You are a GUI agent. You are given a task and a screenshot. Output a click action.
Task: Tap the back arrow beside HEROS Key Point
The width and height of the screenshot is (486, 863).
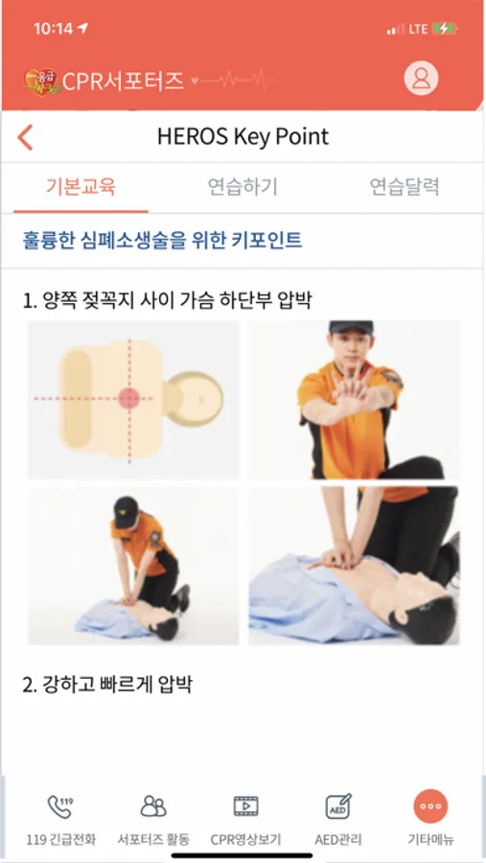[x=25, y=137]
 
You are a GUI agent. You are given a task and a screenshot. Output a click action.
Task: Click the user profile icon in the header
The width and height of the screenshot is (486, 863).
[x=421, y=79]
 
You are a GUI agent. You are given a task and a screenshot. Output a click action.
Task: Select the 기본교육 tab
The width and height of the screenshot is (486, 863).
[x=81, y=187]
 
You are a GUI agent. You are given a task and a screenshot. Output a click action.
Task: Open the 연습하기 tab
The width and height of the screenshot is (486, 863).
[x=243, y=187]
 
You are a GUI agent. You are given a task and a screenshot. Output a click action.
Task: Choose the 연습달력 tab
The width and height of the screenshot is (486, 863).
[x=405, y=187]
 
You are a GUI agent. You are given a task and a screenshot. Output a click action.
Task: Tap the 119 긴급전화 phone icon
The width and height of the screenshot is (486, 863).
[x=60, y=806]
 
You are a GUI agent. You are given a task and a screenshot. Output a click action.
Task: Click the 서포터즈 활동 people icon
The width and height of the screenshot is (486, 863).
[x=153, y=806]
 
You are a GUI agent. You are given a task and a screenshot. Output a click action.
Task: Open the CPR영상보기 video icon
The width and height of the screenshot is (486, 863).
[x=246, y=806]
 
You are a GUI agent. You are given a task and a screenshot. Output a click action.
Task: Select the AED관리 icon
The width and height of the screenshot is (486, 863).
[x=338, y=806]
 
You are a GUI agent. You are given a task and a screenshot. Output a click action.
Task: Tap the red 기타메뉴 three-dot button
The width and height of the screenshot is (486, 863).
[x=430, y=806]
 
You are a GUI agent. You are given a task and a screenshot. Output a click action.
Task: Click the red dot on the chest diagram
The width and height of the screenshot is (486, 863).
[x=128, y=398]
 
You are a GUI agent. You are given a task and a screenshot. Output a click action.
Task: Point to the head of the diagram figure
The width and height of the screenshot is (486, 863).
[x=196, y=399]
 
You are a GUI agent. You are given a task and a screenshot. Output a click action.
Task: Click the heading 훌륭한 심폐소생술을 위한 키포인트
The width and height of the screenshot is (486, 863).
[x=162, y=241]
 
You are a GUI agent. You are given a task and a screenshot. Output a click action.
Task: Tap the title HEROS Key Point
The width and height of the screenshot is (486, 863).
[x=243, y=137]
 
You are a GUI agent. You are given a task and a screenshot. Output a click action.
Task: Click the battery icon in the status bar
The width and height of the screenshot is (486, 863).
[x=445, y=29]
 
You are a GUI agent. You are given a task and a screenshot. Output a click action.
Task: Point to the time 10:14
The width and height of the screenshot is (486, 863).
[x=54, y=29]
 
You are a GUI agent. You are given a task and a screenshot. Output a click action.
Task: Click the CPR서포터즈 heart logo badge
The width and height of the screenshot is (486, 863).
[x=40, y=81]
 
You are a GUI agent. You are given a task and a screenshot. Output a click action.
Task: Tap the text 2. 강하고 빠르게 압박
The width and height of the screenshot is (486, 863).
[x=107, y=685]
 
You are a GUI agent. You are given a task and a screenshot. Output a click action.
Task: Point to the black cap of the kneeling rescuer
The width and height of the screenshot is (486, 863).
[x=126, y=510]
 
